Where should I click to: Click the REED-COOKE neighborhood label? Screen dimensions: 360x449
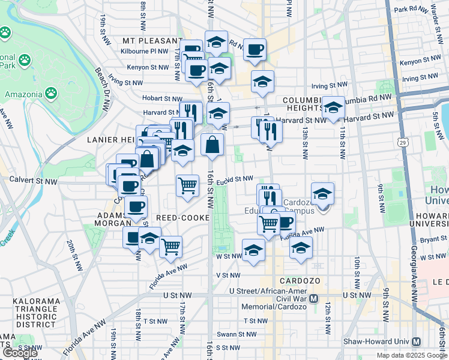click(x=181, y=217)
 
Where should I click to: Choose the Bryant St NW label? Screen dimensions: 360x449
click(x=427, y=239)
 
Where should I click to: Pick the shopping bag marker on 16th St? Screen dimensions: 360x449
click(x=212, y=145)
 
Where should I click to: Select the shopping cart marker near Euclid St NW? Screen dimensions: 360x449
click(x=188, y=185)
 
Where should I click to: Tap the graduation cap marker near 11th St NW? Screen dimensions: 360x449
click(x=334, y=107)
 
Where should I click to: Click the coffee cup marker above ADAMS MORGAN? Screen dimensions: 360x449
click(x=136, y=206)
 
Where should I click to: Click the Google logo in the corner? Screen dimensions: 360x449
click(x=19, y=353)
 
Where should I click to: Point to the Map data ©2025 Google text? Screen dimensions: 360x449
click(x=412, y=355)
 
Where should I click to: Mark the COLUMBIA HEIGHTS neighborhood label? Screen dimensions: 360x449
click(x=304, y=104)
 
